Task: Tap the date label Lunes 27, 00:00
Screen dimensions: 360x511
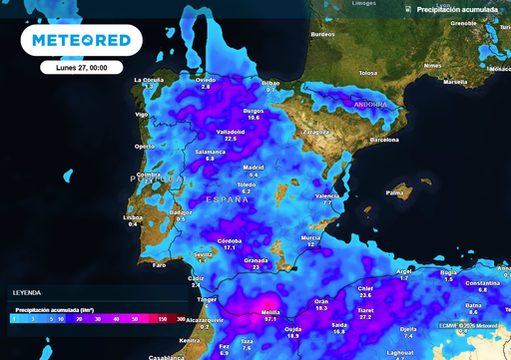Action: click(x=82, y=68)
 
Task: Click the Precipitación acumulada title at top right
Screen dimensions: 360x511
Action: click(x=456, y=9)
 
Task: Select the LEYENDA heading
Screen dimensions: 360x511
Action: click(x=26, y=292)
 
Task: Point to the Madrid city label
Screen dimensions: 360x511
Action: click(x=254, y=167)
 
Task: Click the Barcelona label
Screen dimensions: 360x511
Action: click(x=384, y=141)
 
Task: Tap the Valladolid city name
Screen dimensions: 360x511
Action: click(x=231, y=131)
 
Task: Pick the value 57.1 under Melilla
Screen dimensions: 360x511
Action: click(x=270, y=320)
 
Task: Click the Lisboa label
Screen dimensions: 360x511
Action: click(x=133, y=216)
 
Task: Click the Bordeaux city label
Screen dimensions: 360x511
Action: click(x=323, y=34)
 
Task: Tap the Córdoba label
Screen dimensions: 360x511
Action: click(x=230, y=240)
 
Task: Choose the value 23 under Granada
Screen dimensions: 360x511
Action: click(x=256, y=267)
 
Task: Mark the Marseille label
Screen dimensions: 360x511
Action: click(x=454, y=82)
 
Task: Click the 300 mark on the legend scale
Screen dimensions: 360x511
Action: click(x=181, y=319)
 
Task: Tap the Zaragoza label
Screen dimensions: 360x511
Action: click(x=316, y=132)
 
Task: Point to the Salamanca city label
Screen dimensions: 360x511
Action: click(x=211, y=152)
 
